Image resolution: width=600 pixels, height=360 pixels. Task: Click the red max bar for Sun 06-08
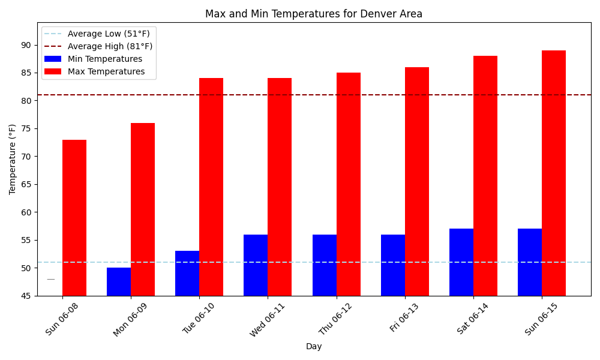tap(74, 218)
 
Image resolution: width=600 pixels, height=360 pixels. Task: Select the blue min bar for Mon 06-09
tap(119, 281)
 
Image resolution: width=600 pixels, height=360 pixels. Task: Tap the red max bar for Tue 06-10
tap(211, 187)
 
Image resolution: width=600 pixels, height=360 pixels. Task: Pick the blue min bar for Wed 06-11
tap(256, 265)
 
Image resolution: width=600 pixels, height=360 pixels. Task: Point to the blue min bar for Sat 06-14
tap(461, 262)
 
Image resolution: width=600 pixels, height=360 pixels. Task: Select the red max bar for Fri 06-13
tap(417, 181)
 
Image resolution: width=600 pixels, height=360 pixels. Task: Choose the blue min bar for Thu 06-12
tap(325, 265)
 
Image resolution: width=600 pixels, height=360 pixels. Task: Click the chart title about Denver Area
tap(314, 14)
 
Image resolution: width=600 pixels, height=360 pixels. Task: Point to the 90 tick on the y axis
tap(26, 45)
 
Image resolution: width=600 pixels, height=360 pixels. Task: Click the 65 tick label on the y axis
tap(26, 184)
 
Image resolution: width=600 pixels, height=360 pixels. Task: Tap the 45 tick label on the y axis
tap(26, 296)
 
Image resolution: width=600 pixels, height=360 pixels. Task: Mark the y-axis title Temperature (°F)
tap(13, 159)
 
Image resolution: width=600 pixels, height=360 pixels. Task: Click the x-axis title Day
tap(314, 346)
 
